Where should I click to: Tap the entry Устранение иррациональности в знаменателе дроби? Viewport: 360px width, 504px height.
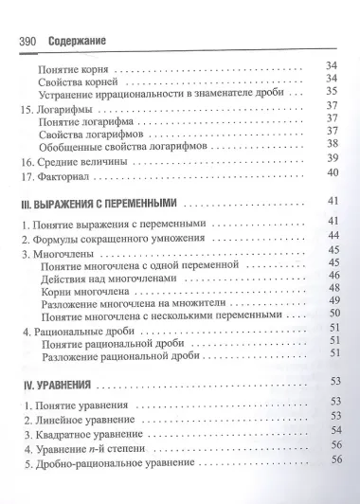(157, 93)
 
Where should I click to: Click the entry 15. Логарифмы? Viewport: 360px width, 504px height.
(57, 108)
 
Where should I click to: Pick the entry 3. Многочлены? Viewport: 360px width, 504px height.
(61, 256)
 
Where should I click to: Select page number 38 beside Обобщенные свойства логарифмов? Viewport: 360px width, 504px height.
(333, 143)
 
